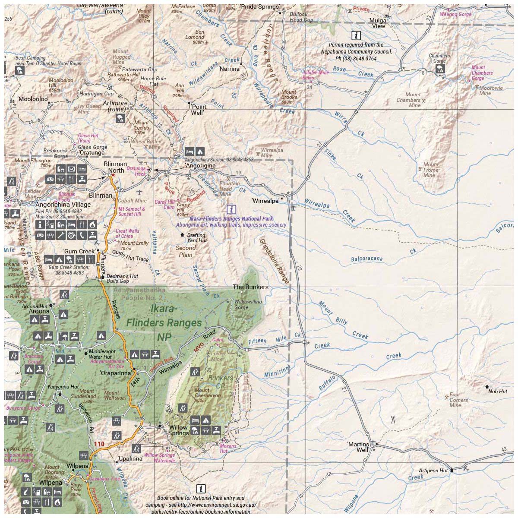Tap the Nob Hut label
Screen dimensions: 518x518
497,392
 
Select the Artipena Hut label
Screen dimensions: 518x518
433,471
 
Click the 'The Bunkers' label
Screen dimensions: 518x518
250,287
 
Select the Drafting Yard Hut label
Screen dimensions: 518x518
197,238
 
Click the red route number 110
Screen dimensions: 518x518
99,444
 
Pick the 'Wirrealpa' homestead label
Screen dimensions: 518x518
265,201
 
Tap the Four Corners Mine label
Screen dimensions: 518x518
458,400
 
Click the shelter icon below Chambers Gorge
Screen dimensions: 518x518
440,69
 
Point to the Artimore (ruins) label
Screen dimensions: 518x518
115,106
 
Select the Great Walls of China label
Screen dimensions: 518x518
127,234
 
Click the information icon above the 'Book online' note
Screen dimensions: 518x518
201,489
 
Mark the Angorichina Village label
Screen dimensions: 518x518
63,205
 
